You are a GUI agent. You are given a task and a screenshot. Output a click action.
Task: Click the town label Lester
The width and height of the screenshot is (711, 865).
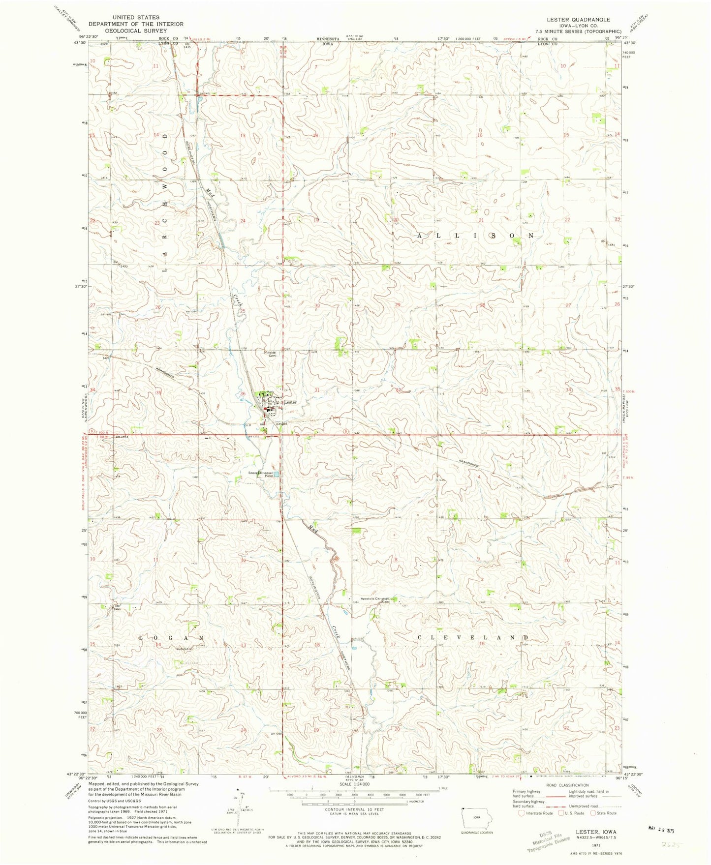coord(291,402)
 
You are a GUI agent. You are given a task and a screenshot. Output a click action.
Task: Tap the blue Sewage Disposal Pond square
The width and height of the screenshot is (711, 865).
coord(276,475)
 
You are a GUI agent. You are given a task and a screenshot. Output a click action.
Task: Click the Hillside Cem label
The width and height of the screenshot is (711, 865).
coord(270,354)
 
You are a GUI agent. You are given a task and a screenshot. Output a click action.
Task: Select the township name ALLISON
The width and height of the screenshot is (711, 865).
coord(475,236)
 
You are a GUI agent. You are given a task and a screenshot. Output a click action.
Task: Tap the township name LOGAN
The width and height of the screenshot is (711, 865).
coord(171,638)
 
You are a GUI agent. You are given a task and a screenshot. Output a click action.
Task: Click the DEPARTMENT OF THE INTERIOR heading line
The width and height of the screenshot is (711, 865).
coord(135,24)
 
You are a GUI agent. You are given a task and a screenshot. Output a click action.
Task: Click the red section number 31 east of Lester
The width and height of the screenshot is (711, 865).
coord(316,390)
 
